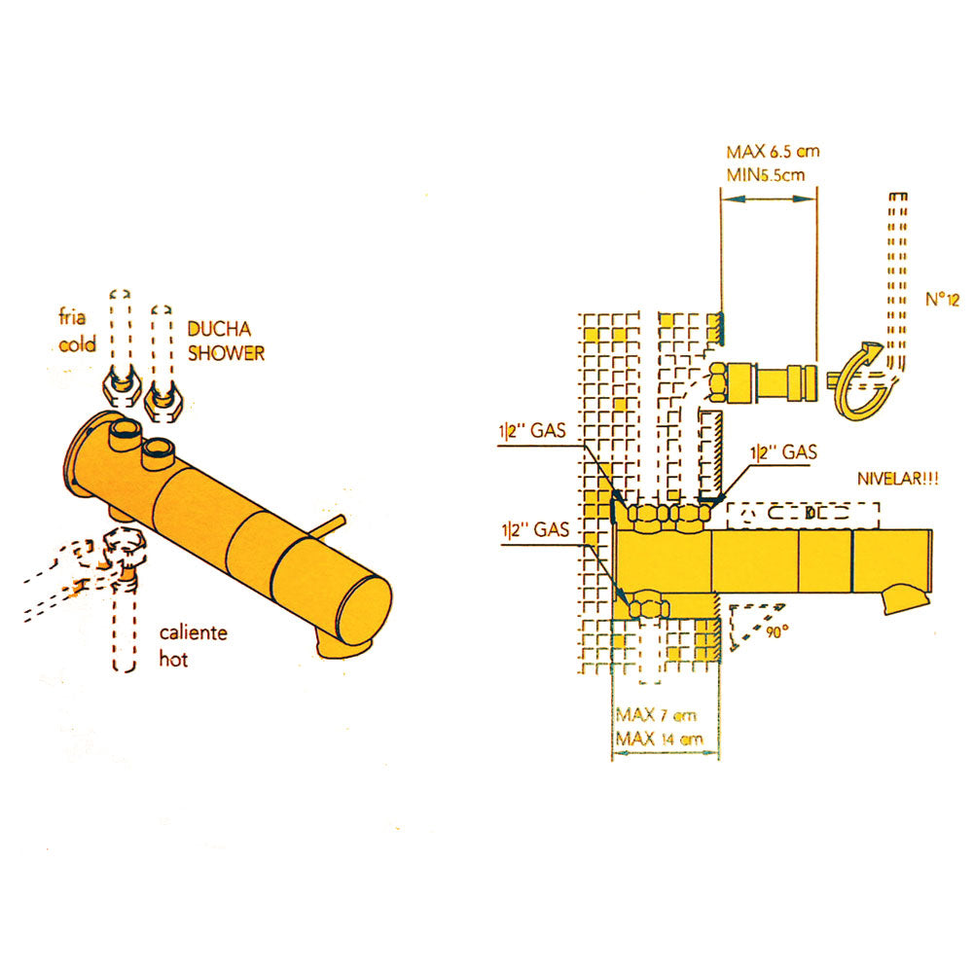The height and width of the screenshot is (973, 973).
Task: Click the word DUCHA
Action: click(219, 329)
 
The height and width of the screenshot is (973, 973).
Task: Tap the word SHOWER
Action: click(226, 353)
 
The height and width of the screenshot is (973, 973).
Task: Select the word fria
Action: click(72, 317)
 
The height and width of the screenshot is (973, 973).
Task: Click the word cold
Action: click(77, 343)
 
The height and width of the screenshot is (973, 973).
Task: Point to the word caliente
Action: click(193, 633)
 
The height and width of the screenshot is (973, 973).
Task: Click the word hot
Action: click(173, 659)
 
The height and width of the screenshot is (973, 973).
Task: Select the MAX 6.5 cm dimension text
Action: click(773, 152)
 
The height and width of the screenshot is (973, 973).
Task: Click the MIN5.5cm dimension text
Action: click(766, 175)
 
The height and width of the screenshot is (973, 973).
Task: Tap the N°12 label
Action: click(942, 300)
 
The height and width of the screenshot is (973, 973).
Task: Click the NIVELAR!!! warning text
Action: click(897, 479)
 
